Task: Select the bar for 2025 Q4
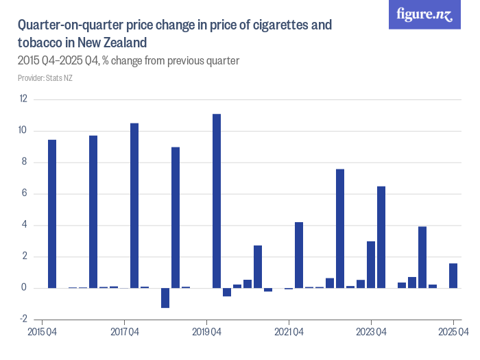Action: (453, 276)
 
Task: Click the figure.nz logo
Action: (424, 14)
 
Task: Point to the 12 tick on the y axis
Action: (23, 99)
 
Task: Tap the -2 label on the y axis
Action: (23, 320)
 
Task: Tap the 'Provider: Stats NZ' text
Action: (45, 78)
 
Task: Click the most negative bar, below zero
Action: (165, 298)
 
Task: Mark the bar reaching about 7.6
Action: (340, 228)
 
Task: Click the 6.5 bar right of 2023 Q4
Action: (381, 237)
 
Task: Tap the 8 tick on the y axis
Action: (25, 163)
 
